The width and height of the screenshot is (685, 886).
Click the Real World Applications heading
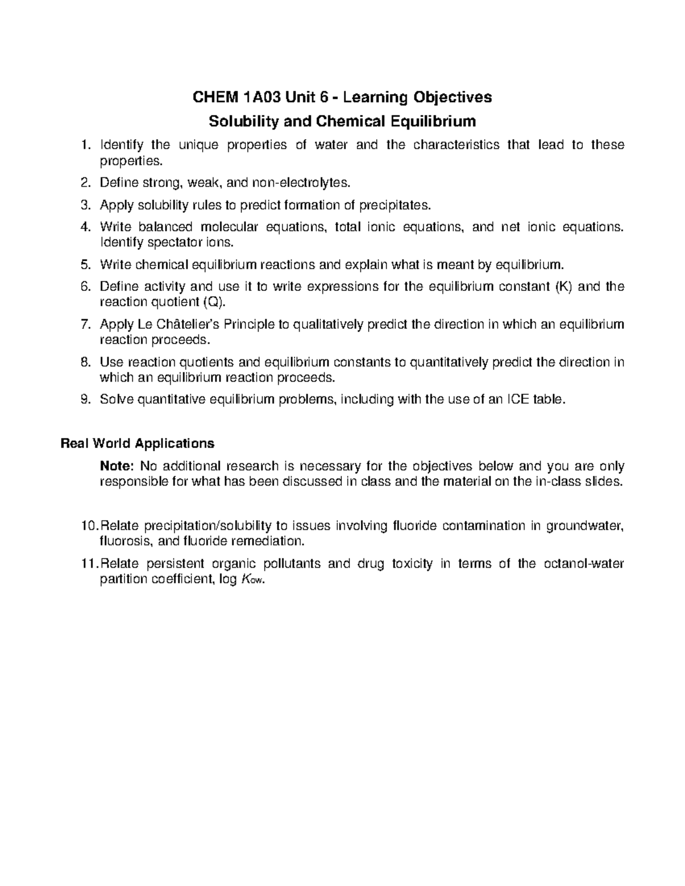click(x=137, y=443)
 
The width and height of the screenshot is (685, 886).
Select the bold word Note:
click(x=116, y=466)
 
